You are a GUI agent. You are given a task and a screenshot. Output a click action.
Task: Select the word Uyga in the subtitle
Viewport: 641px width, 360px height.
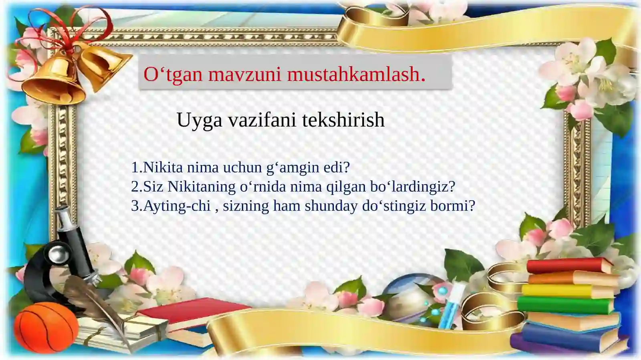coord(199,120)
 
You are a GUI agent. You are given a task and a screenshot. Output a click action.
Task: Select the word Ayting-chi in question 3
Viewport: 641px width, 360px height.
coord(177,206)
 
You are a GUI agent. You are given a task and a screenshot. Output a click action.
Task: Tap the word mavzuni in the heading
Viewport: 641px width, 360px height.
coord(244,74)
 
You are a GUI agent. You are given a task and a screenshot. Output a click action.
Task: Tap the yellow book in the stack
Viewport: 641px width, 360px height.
coord(567,291)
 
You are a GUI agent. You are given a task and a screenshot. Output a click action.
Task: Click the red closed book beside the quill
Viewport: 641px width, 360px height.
coord(188,316)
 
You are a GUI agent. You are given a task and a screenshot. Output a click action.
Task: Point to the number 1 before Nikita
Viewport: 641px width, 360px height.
coord(135,167)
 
